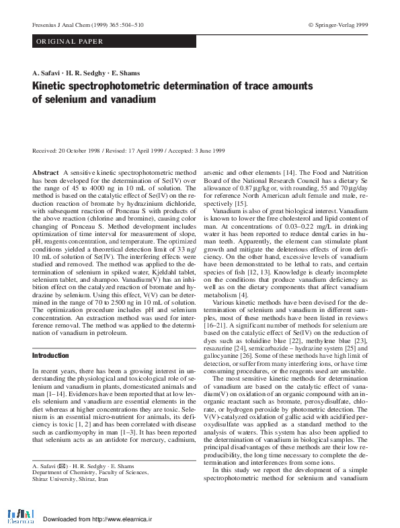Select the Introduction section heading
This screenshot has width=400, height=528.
click(50, 355)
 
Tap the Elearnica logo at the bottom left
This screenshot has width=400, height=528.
click(21, 517)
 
